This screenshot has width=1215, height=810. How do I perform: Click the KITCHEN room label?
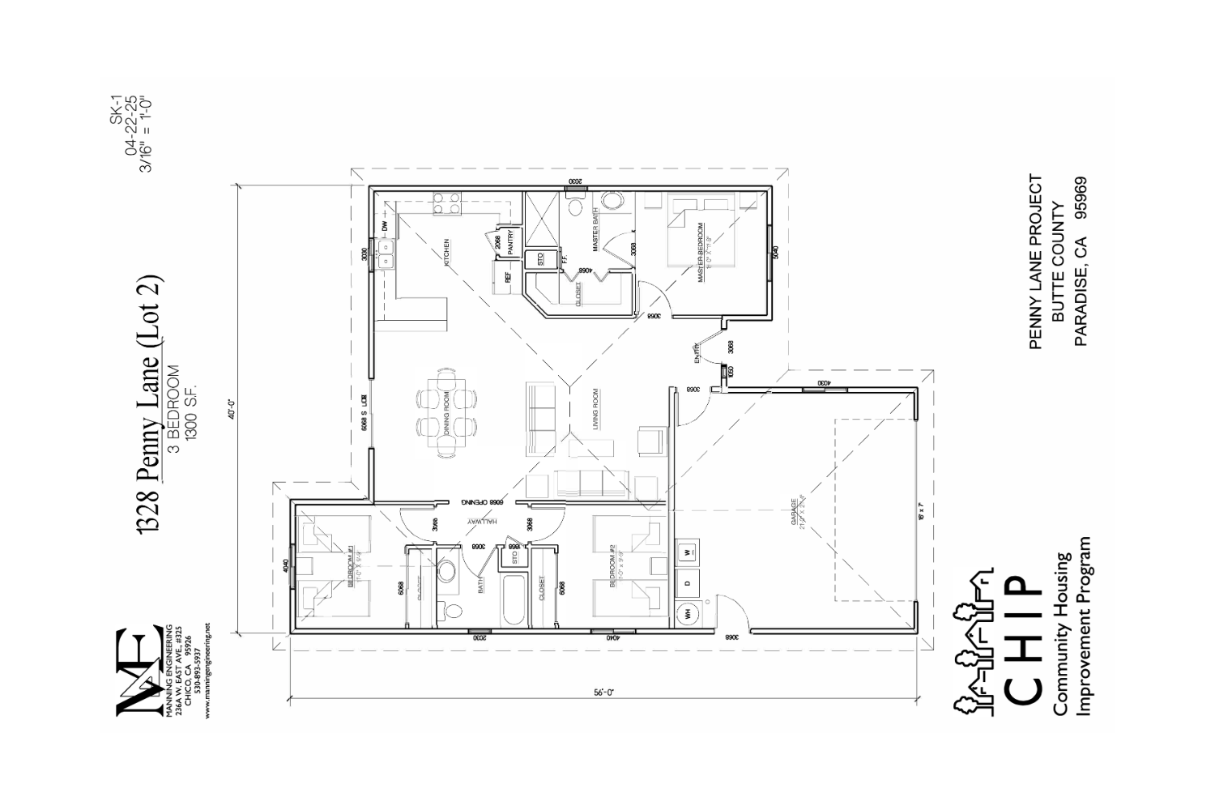[446, 252]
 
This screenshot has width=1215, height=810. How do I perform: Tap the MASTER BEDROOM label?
[701, 253]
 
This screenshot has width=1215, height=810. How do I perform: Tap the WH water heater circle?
[688, 614]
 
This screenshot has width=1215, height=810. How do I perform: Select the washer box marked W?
[688, 552]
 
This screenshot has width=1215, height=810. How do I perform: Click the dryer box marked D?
[688, 582]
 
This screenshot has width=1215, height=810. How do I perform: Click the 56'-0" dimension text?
[603, 693]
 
